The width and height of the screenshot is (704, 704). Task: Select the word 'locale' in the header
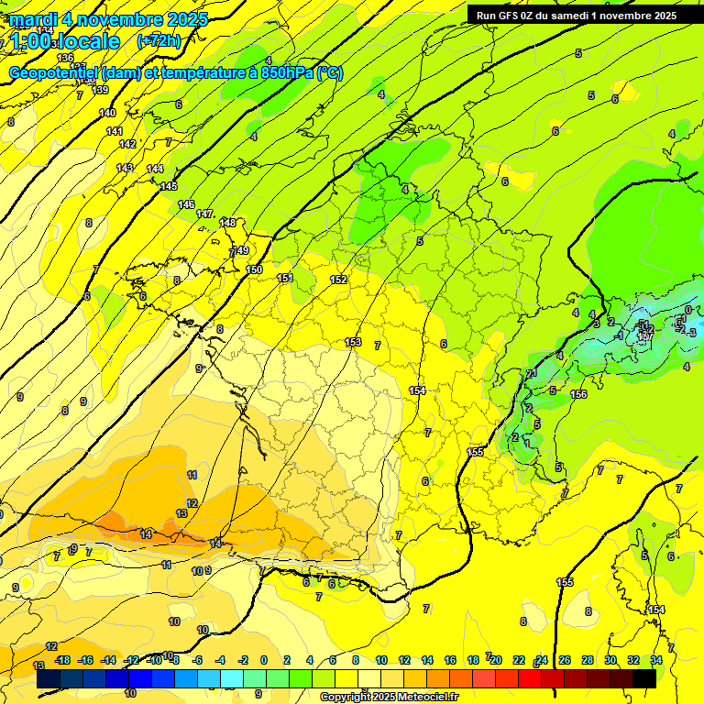click(x=87, y=41)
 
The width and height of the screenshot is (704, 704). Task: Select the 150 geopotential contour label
click(x=254, y=269)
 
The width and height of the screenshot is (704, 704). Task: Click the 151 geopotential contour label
click(x=285, y=278)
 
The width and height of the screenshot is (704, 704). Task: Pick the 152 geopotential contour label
click(x=338, y=280)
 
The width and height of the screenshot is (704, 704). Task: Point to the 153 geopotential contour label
click(x=353, y=342)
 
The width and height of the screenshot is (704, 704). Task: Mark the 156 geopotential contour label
click(x=578, y=394)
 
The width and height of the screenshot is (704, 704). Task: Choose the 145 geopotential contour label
click(x=169, y=186)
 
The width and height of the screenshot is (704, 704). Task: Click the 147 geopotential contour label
click(x=204, y=214)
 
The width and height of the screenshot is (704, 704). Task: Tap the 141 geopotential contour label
click(x=114, y=131)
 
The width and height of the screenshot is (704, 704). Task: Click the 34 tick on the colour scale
click(x=656, y=660)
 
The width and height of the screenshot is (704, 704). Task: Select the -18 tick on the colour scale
click(x=62, y=660)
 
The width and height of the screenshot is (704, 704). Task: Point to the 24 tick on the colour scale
click(x=542, y=660)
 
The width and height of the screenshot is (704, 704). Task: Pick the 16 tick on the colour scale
click(x=450, y=660)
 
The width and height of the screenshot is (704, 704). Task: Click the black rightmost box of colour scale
click(x=644, y=678)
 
